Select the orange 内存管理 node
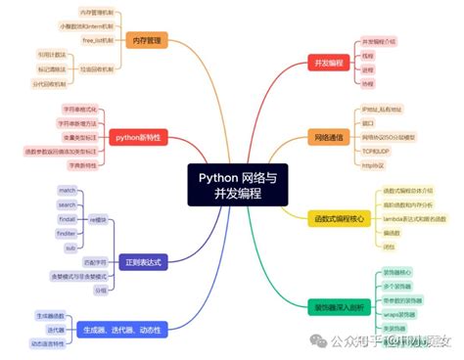click(149, 40)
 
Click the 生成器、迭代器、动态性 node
click(125, 329)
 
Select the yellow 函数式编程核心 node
click(336, 219)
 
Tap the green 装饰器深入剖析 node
click(336, 306)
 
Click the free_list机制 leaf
click(98, 40)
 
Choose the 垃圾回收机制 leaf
click(98, 69)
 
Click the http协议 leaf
click(374, 166)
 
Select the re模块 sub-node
click(98, 220)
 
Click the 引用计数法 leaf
click(52, 56)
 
